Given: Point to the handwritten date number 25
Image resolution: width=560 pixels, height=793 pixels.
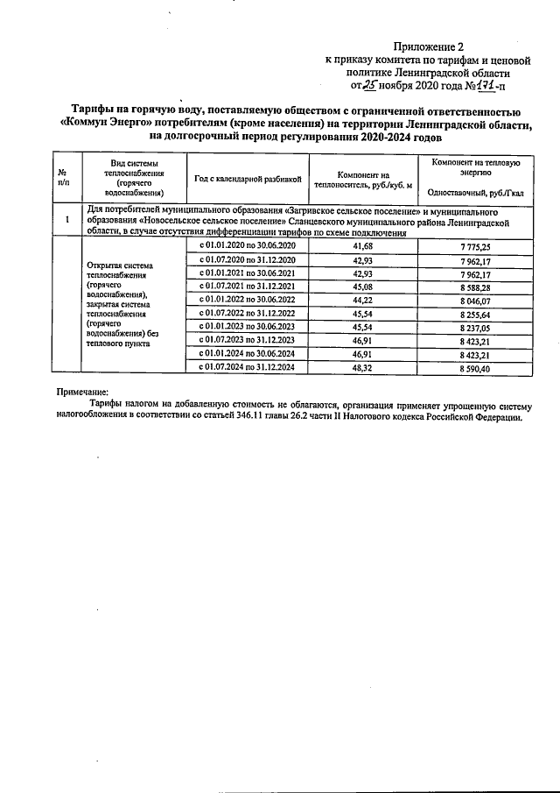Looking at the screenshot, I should pyautogui.click(x=373, y=86).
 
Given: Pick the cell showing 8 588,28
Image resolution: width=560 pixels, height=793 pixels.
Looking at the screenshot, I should pyautogui.click(x=475, y=287).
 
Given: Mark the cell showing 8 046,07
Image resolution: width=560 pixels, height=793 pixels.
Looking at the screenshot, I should pyautogui.click(x=475, y=300).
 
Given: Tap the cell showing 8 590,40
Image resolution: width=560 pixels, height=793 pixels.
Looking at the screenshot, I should pyautogui.click(x=475, y=368).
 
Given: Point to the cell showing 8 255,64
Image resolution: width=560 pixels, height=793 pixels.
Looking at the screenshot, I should pyautogui.click(x=475, y=314).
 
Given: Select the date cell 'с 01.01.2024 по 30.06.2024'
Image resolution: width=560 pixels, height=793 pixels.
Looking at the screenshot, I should pyautogui.click(x=248, y=354).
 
